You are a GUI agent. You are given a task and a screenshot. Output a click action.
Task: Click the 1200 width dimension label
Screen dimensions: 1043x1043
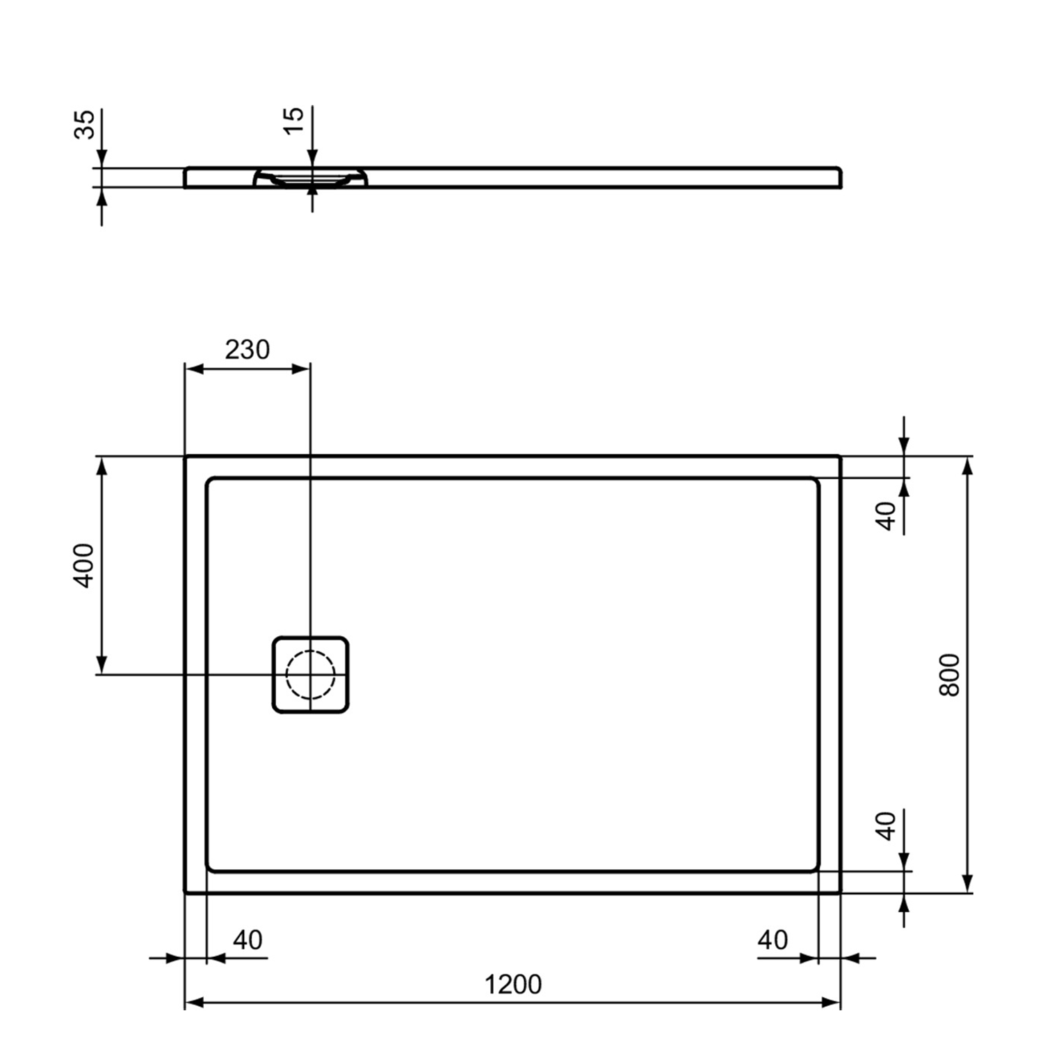click(x=512, y=985)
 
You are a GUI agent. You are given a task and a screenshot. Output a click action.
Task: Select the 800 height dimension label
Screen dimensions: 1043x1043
click(x=949, y=674)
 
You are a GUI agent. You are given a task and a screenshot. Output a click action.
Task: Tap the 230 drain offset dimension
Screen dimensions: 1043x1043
click(x=247, y=350)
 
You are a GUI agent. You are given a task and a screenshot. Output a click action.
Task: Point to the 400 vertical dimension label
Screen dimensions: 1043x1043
click(x=84, y=565)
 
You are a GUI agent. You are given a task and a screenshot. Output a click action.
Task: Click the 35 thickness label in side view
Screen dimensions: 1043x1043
click(x=84, y=124)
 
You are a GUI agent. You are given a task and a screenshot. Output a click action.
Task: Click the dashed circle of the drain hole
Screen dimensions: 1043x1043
click(x=310, y=674)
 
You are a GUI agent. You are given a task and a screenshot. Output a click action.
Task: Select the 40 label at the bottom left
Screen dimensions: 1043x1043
click(x=248, y=940)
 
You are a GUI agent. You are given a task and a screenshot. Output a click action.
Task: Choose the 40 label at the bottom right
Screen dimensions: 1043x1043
click(x=773, y=940)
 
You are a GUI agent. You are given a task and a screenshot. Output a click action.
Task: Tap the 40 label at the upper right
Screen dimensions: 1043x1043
click(x=887, y=516)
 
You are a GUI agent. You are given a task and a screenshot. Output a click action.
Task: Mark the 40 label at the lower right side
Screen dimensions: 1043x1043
click(x=887, y=825)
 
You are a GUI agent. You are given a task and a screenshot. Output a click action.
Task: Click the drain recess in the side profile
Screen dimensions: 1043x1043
click(x=310, y=178)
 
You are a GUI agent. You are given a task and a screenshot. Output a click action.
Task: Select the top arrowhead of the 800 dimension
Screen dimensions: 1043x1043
click(x=967, y=467)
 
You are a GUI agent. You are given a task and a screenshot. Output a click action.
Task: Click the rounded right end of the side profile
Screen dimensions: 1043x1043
click(x=839, y=178)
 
